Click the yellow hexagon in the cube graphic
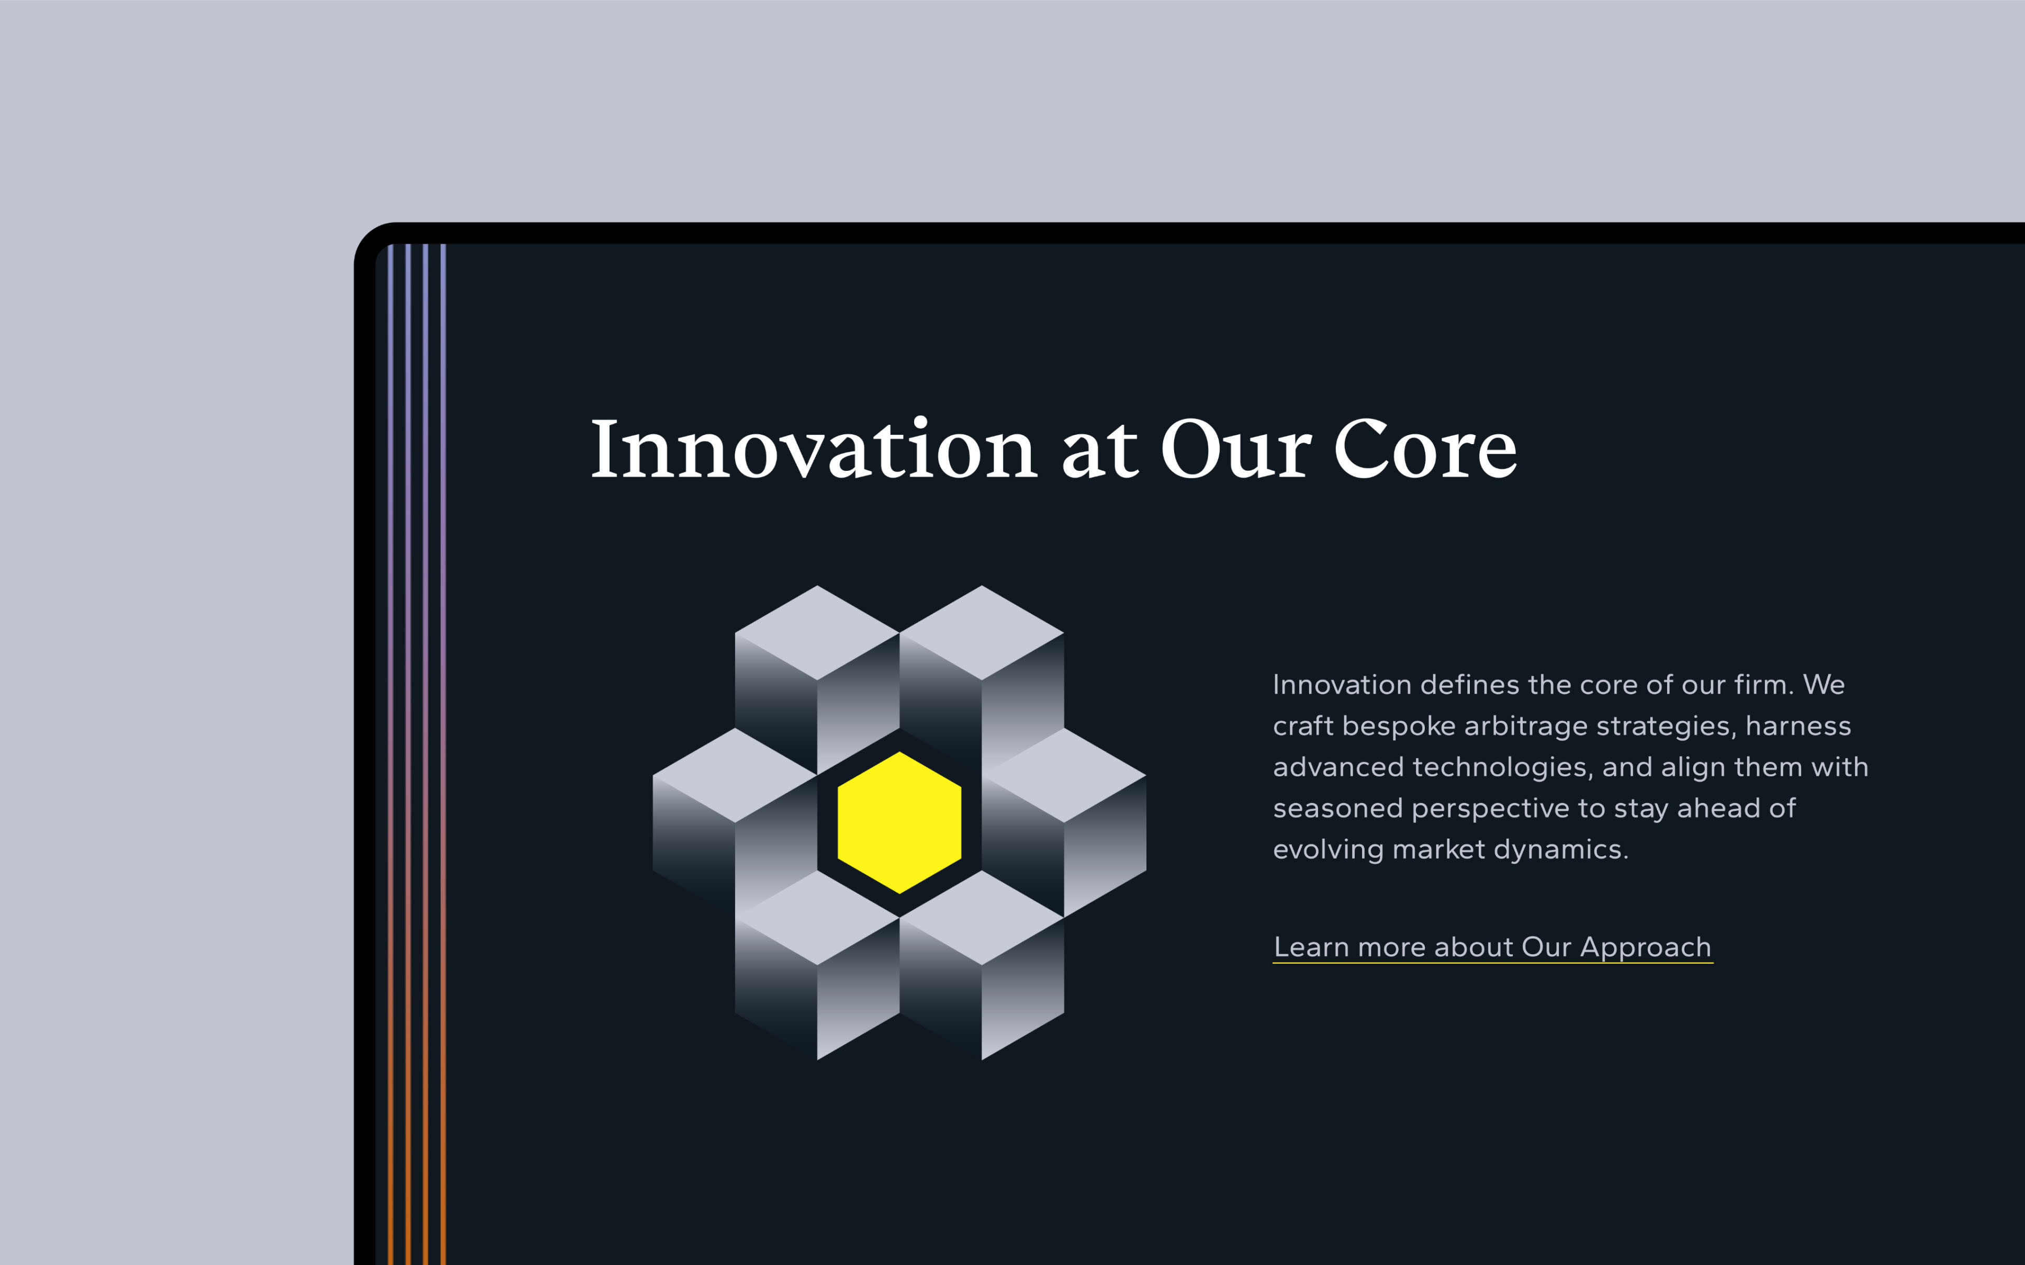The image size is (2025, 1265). point(899,822)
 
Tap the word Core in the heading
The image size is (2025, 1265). point(1425,449)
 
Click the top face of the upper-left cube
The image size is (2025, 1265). point(817,632)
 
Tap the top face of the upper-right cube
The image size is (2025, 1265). point(982,632)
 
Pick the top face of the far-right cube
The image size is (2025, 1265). point(1064,775)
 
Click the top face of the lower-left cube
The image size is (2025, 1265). point(817,918)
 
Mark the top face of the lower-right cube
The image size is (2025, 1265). point(982,918)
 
